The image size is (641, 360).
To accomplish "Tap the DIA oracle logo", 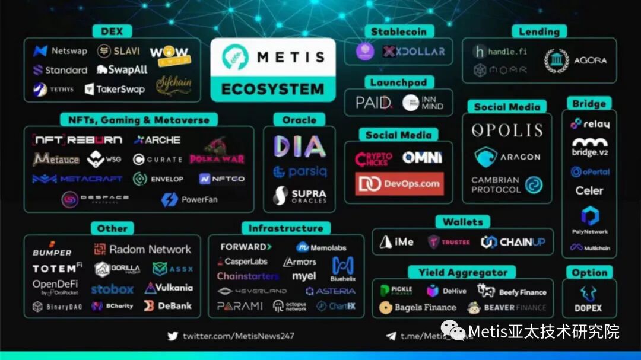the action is click(x=299, y=146).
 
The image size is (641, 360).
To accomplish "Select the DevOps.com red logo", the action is click(x=399, y=184).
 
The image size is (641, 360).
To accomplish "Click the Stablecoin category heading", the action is click(x=394, y=31).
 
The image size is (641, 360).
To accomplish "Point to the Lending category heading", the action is click(x=539, y=31).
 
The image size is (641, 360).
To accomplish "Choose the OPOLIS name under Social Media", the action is click(x=507, y=130).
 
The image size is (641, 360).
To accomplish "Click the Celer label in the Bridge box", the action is click(x=589, y=191).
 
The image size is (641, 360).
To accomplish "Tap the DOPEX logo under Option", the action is click(x=588, y=300).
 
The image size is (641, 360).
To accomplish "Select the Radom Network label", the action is click(x=142, y=250).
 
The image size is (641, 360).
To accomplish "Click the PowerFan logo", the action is click(x=189, y=200).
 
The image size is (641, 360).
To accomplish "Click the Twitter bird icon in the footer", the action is click(x=173, y=336).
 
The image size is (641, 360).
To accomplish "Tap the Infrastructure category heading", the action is click(x=285, y=228).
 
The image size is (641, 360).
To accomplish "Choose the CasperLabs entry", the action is click(x=243, y=262).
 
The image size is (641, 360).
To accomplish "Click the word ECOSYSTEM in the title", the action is click(x=273, y=90).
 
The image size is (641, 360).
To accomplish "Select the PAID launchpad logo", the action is click(x=374, y=103).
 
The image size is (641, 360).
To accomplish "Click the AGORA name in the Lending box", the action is click(x=590, y=60).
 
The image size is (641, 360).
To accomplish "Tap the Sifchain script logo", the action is click(x=173, y=83).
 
